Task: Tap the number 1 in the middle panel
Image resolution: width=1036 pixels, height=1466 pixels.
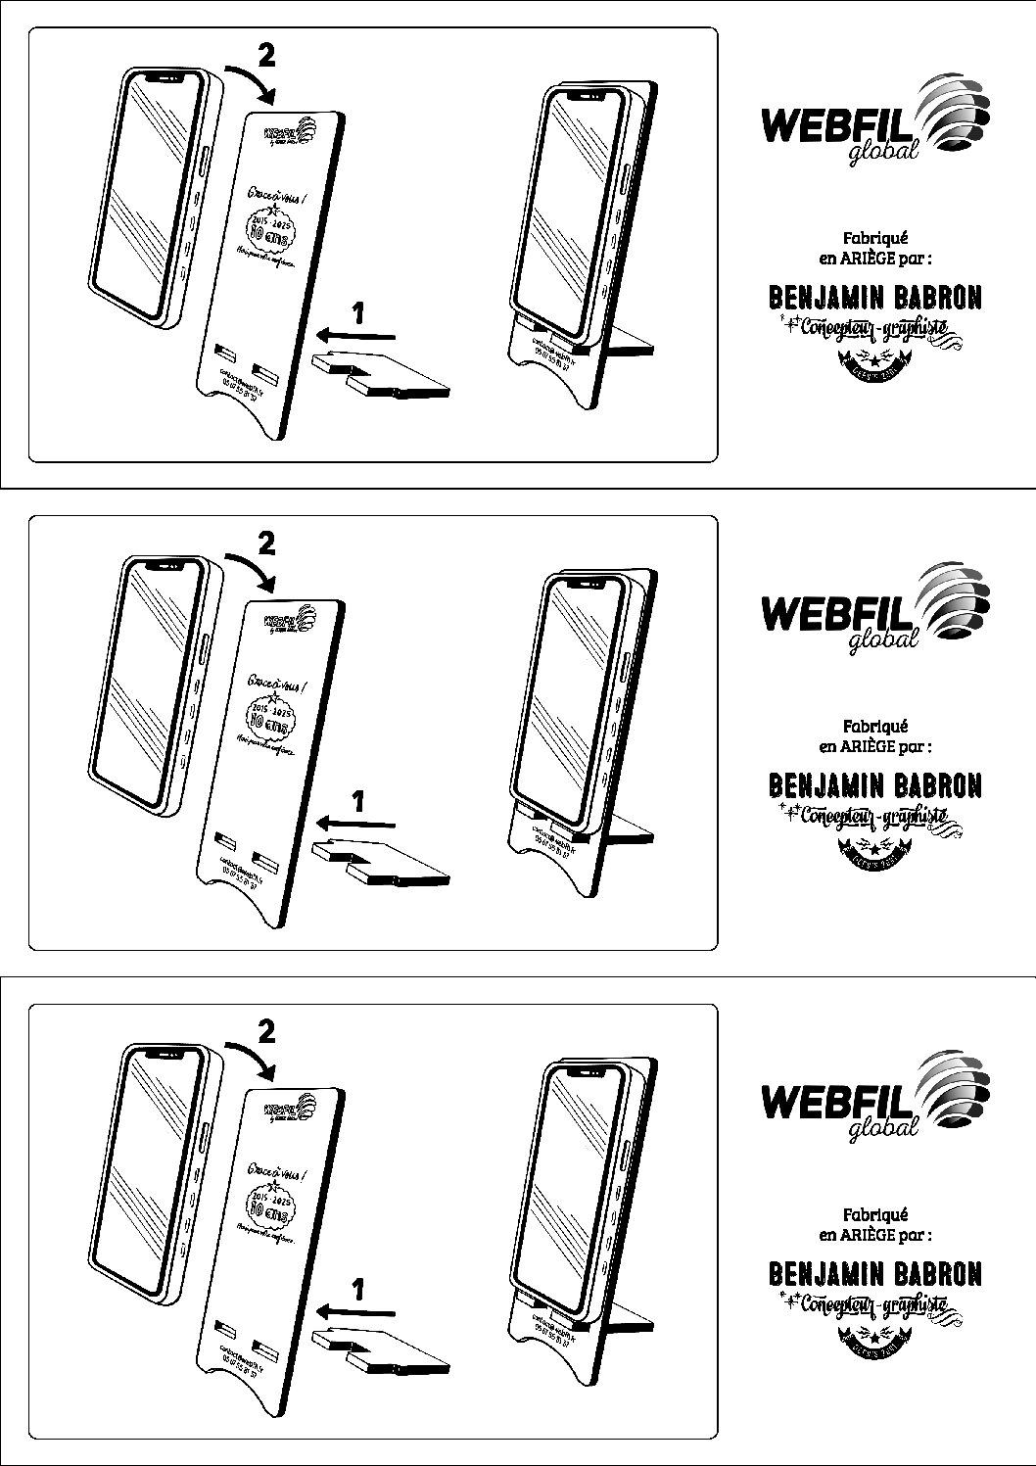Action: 358,801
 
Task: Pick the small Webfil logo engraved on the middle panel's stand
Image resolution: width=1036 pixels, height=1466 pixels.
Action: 290,620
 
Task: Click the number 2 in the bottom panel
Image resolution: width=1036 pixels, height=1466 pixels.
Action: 265,1032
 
